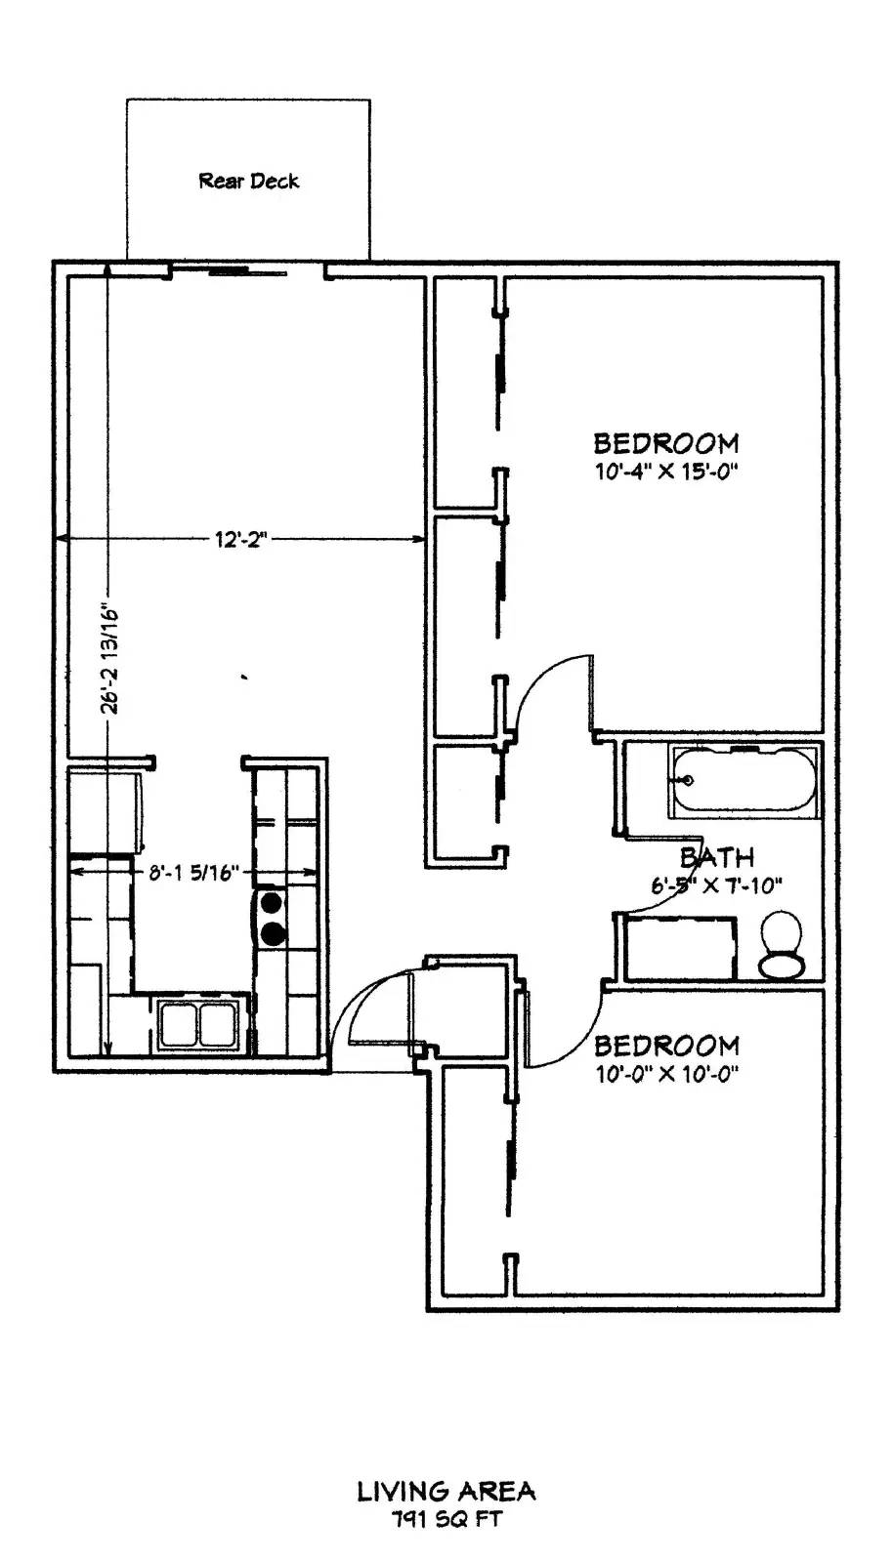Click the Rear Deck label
[249, 182]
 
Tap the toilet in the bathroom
[782, 944]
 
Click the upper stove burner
[271, 903]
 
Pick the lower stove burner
[272, 933]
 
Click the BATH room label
[717, 857]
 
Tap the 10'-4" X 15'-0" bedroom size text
[666, 473]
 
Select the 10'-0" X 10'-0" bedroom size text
[666, 1075]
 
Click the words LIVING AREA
[446, 1492]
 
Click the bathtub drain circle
[688, 780]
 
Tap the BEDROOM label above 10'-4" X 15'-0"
[666, 443]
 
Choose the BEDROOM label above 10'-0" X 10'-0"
[666, 1046]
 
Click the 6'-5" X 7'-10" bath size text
[716, 885]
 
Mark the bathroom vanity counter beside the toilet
[679, 948]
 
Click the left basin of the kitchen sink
[180, 1025]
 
